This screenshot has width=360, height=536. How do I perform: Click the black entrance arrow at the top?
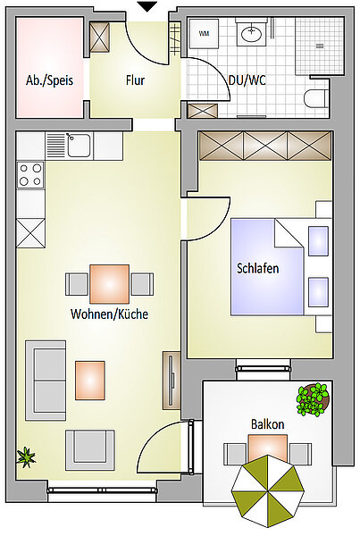point(147,6)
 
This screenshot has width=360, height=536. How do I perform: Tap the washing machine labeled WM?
point(204,33)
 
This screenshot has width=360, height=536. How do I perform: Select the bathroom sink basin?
point(252,34)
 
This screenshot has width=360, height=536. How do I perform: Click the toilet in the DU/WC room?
point(316,98)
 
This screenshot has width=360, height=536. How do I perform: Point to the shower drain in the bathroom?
point(320,46)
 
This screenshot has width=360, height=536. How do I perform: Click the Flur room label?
point(136,80)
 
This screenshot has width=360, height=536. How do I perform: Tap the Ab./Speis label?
point(49,80)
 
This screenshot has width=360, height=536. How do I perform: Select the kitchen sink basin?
point(80,146)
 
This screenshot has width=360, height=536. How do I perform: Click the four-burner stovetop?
point(30,175)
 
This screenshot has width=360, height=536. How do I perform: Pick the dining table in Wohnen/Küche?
point(109,284)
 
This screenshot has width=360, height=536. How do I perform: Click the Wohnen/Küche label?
point(109,314)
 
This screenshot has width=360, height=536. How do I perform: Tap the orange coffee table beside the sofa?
point(90,381)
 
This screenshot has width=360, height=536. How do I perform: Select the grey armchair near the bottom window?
point(90,450)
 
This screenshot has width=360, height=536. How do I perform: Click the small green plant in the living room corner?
point(26,457)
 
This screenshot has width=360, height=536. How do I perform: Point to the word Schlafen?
point(258,268)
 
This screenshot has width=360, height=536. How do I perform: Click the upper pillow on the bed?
point(318,241)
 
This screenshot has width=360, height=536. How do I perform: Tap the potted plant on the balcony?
point(313,399)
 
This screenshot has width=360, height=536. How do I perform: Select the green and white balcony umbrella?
point(268,491)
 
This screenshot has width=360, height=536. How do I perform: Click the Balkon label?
point(268,424)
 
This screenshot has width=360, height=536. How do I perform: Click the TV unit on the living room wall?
point(172,380)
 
